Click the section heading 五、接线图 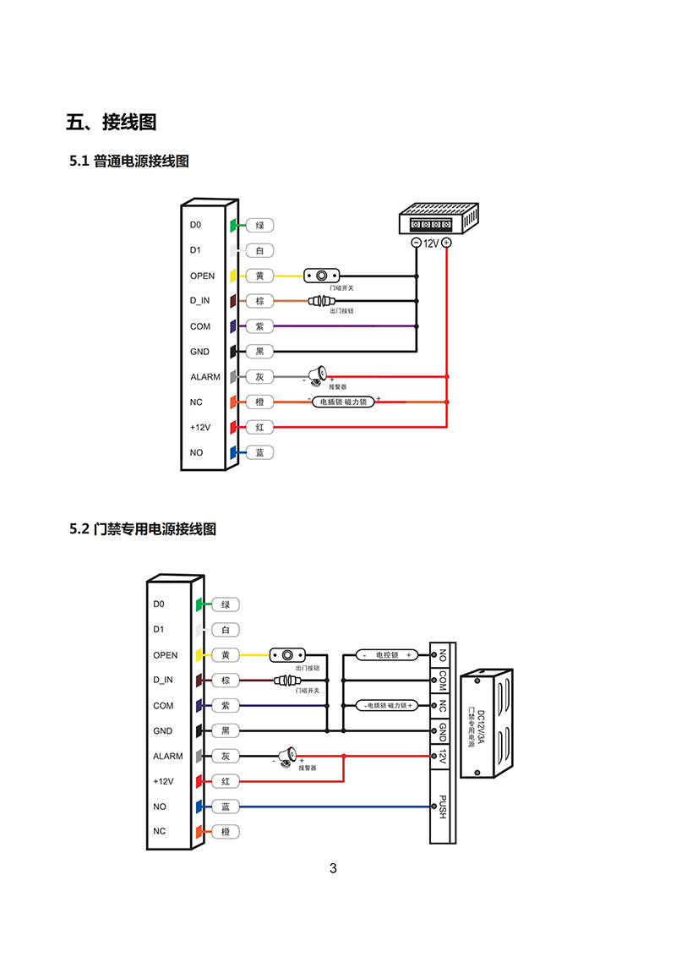point(112,123)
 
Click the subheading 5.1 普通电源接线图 point(129,161)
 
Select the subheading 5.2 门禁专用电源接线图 point(143,529)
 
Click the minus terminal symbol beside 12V point(416,243)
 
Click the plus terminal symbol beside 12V point(446,243)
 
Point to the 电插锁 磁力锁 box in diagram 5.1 point(344,402)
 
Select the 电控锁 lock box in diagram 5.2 point(385,655)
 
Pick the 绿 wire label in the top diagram point(260,226)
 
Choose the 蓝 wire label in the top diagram point(260,453)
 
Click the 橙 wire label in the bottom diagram point(226,832)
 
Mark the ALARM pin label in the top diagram point(205,377)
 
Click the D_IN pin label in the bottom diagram point(163,680)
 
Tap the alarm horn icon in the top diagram point(318,375)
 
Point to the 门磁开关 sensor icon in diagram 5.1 point(322,276)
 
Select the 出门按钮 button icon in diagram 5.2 point(286,655)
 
